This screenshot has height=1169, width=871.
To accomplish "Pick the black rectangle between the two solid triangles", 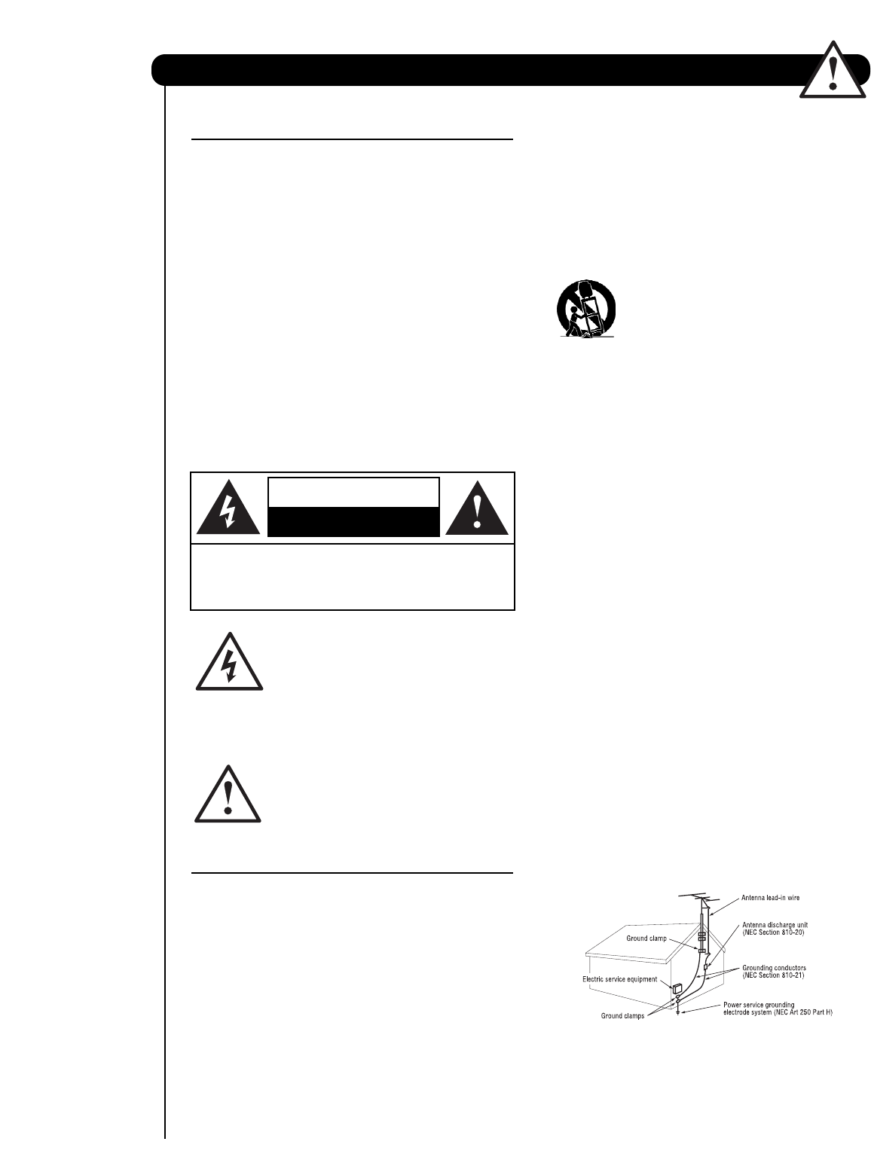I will click(x=353, y=521).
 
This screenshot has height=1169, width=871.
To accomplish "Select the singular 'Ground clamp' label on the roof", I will click(x=646, y=939).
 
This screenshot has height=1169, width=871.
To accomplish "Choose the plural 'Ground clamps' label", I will click(x=622, y=1016).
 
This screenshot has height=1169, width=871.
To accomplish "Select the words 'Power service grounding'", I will click(x=759, y=1005).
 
